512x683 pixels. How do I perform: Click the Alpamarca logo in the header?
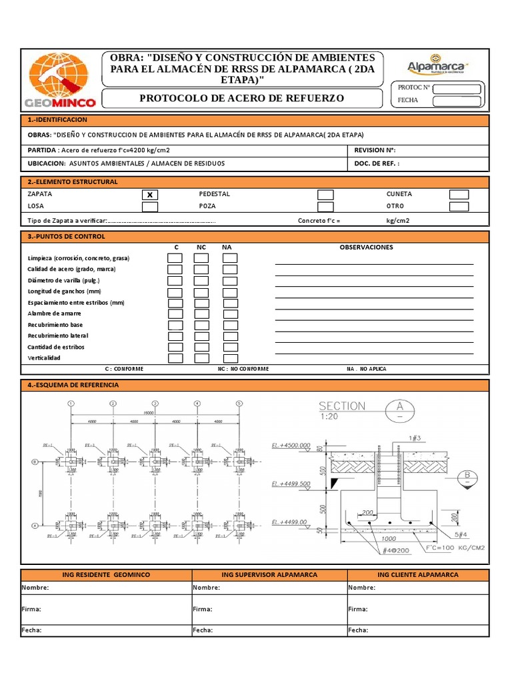(438, 65)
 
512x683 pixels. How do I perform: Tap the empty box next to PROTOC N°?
(456, 89)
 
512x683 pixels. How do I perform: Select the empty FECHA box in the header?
(456, 101)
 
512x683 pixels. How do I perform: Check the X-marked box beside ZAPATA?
(150, 195)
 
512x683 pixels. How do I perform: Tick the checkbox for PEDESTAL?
(325, 195)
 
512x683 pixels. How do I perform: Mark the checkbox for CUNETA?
(459, 195)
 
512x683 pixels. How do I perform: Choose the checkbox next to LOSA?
(150, 207)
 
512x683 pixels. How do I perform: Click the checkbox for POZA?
(325, 207)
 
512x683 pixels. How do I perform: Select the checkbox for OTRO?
(459, 207)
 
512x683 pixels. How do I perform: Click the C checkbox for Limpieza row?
(175, 258)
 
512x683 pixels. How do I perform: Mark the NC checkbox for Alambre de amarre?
(201, 313)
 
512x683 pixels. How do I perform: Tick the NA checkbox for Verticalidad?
(230, 358)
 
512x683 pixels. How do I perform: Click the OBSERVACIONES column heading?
(366, 247)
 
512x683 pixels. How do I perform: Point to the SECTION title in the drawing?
(342, 406)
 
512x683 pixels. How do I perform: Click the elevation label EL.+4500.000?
(291, 445)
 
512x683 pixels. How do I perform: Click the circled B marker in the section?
(467, 476)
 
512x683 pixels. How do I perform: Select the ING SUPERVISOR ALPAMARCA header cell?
(269, 574)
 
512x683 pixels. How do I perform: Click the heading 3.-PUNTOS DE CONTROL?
(66, 236)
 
